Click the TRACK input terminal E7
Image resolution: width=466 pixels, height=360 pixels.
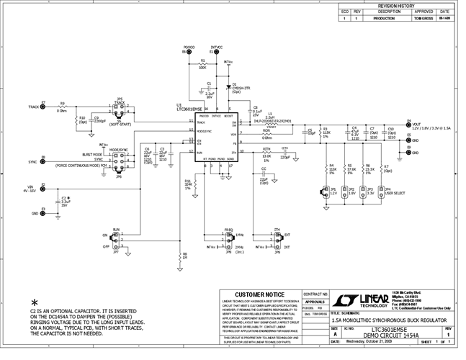[x=43, y=107]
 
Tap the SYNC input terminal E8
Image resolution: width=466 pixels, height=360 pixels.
[x=43, y=162]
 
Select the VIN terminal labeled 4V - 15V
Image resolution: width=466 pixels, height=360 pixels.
[x=43, y=189]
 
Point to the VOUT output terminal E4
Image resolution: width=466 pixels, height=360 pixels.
[x=408, y=125]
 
